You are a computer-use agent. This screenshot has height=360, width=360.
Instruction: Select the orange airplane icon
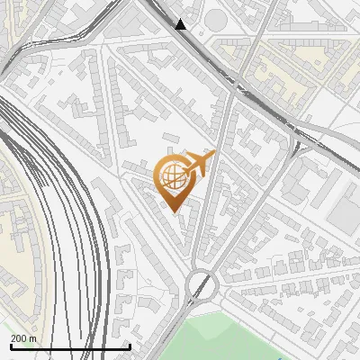(198, 165)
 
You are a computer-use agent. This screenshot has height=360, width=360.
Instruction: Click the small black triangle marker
(181, 24)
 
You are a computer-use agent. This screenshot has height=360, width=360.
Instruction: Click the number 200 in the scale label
(19, 338)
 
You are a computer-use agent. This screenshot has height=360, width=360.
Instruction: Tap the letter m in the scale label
(32, 338)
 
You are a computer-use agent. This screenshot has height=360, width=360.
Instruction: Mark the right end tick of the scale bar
(130, 346)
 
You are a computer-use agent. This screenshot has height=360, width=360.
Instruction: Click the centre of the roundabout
(202, 286)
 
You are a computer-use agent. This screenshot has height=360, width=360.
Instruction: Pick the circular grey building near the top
(217, 19)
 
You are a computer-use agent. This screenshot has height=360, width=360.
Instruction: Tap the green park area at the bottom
(243, 337)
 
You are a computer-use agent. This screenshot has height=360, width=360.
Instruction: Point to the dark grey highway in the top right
(270, 109)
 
